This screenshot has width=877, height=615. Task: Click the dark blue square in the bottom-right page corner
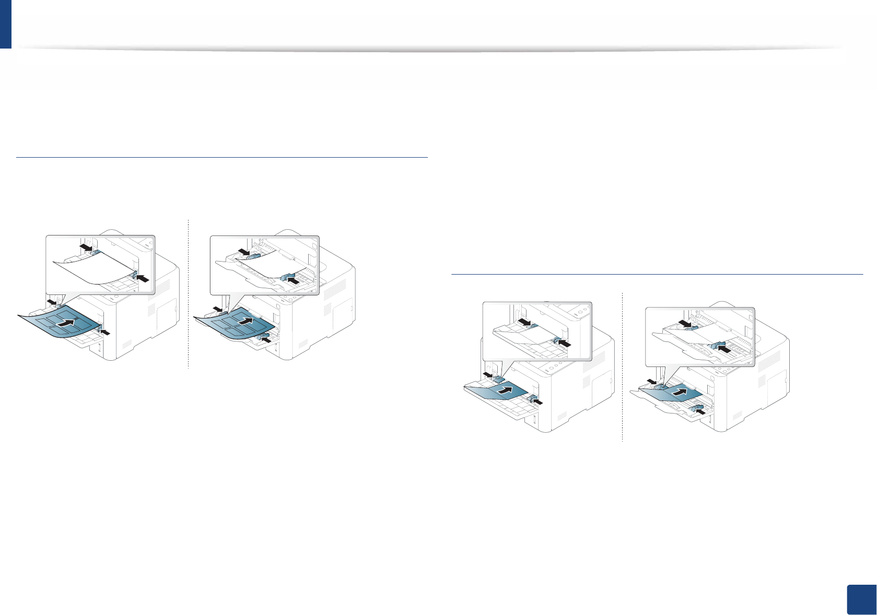(860, 599)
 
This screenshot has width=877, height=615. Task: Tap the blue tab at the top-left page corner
(5, 24)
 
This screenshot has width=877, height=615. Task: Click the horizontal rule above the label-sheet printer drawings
(222, 157)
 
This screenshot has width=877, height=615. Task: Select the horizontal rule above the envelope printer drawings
(657, 274)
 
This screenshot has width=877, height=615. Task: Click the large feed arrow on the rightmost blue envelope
(679, 391)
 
